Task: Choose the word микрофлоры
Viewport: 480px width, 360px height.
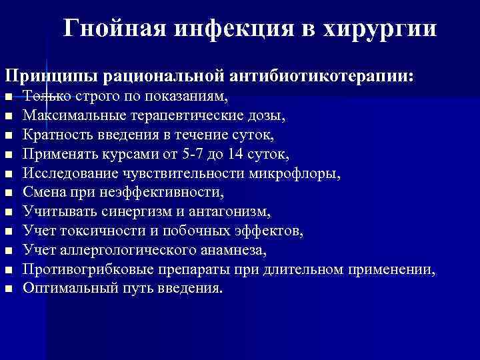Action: pyautogui.click(x=301, y=174)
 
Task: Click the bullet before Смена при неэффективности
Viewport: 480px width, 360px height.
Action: pyautogui.click(x=8, y=193)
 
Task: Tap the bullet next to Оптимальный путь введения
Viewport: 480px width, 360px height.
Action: pyautogui.click(x=8, y=289)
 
